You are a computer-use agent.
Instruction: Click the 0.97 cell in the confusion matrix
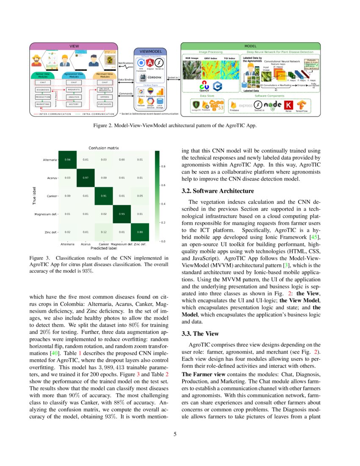coord(86,178)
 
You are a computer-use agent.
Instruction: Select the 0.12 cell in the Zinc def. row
coord(104,232)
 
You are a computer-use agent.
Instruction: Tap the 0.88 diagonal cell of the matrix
coord(140,232)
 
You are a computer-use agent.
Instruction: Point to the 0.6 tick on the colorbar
coord(163,185)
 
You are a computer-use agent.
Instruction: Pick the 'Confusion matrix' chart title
coord(104,148)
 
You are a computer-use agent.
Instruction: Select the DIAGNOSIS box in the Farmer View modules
coord(43,90)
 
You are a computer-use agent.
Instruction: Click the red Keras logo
coord(289,105)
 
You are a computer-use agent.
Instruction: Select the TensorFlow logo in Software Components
coord(302,105)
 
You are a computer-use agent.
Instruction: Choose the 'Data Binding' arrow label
coord(126,80)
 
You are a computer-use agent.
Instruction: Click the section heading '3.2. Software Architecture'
coord(218,191)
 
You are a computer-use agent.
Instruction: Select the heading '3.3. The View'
coord(199,334)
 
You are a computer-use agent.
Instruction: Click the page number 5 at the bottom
coord(180,434)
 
